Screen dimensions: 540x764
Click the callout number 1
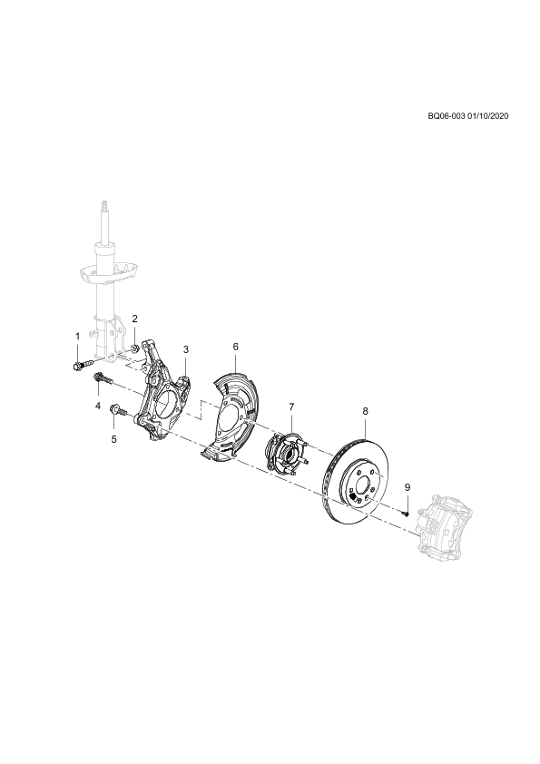77,337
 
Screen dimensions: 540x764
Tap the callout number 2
135,318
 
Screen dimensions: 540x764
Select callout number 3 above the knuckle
186,349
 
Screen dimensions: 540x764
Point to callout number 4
98,405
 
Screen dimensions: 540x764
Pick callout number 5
114,439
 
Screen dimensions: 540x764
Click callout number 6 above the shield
235,347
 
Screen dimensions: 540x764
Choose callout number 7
291,406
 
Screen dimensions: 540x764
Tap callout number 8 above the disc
366,411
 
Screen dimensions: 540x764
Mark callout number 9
407,487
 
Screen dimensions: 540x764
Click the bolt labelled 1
83,365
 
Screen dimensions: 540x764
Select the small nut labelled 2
135,348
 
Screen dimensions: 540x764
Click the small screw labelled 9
406,513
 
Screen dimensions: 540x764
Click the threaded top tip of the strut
103,206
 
